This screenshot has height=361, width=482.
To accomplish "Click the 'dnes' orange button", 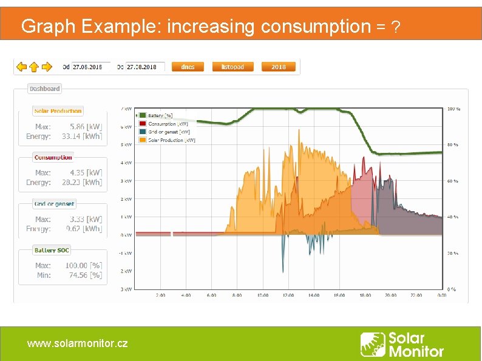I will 188,67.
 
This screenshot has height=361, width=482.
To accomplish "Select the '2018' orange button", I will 279,67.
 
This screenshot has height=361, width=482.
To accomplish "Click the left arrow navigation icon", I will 21,67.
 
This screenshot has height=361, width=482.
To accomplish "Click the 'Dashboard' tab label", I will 45,89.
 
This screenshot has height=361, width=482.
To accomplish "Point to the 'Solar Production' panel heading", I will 58,111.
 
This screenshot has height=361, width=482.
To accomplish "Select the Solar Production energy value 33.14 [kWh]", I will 82,137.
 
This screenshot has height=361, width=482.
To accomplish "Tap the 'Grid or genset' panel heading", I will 55,204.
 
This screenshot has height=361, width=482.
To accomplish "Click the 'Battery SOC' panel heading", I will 52,250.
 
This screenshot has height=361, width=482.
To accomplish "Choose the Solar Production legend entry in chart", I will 166,140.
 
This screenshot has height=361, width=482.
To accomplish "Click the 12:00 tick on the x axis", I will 288,295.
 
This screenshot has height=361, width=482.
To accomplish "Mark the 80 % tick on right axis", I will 453,145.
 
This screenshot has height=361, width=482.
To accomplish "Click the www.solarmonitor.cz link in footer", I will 77,343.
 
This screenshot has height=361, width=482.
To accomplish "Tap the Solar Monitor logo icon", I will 372,344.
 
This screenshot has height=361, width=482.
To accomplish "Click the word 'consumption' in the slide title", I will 315,27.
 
